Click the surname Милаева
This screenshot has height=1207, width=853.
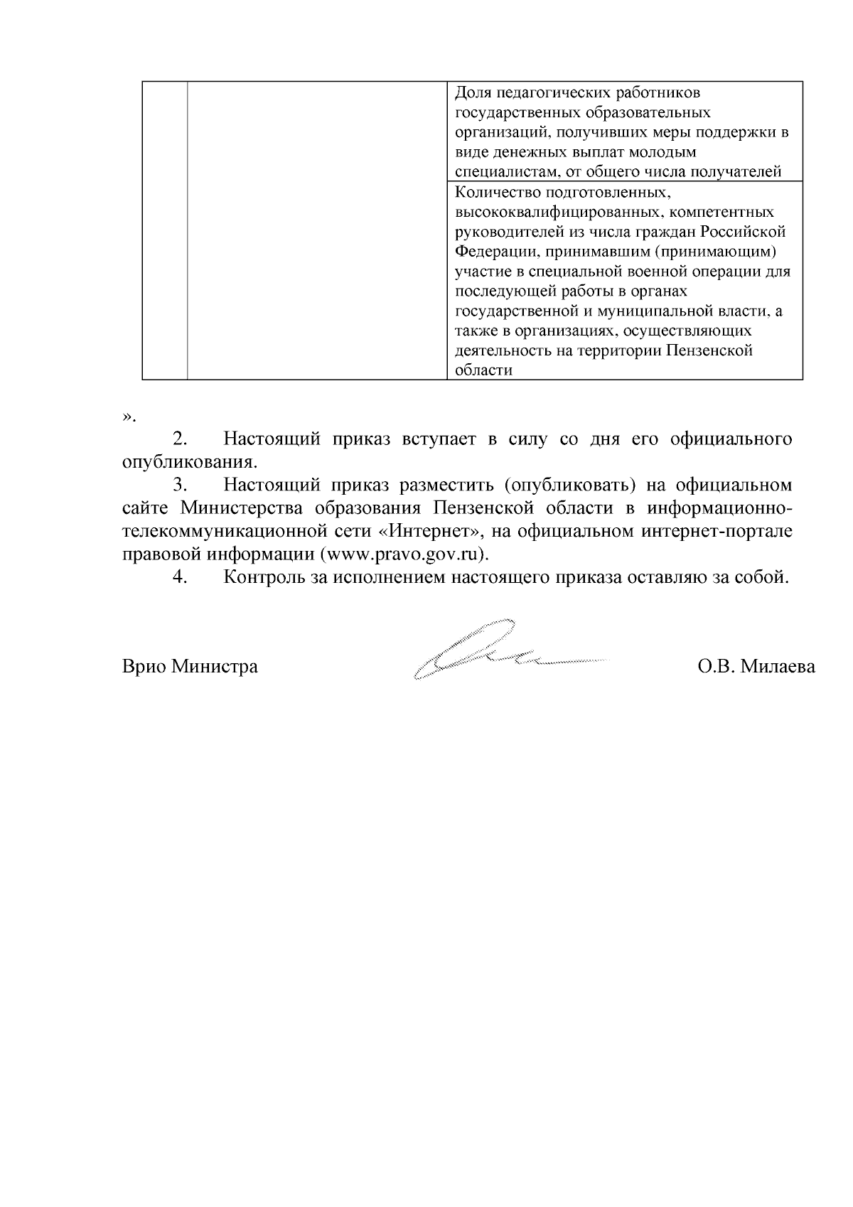778,667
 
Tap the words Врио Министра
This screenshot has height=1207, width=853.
190,667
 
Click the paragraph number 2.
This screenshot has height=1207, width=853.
180,439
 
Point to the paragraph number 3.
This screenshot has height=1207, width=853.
180,486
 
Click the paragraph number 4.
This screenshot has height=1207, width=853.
180,577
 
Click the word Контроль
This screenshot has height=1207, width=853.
264,577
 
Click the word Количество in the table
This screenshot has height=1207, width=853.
492,193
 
